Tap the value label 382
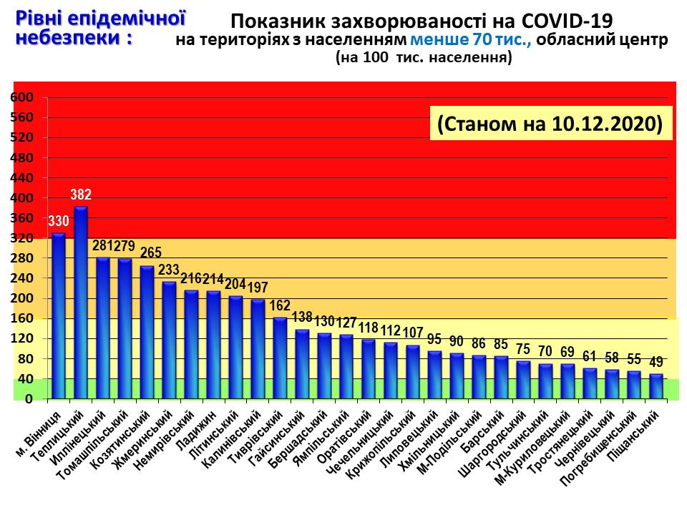tap(81, 195)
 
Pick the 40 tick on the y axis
tap(24, 379)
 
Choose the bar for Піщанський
tap(656, 386)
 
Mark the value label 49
tap(656, 363)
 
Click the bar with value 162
tap(281, 358)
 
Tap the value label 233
tap(170, 270)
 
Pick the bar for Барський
tap(501, 377)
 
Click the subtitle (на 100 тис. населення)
tap(424, 59)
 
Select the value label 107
tap(413, 333)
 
